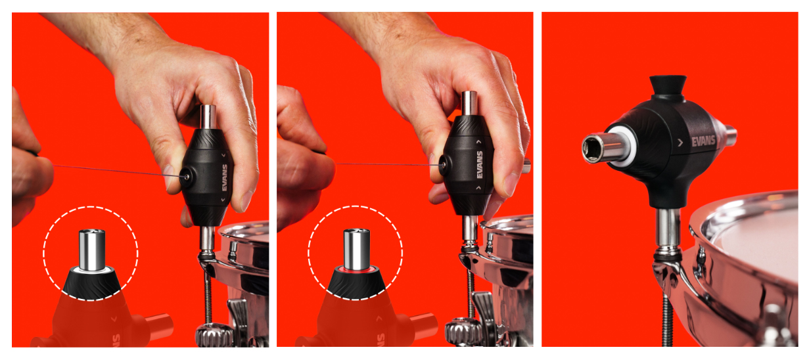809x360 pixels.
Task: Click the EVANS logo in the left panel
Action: pyautogui.click(x=225, y=177)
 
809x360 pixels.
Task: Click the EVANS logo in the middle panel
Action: pyautogui.click(x=480, y=165)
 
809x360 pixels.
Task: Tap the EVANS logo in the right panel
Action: pyautogui.click(x=703, y=141)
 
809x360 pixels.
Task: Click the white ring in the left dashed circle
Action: pyautogui.click(x=92, y=269)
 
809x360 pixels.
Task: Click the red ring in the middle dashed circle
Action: pyautogui.click(x=356, y=269)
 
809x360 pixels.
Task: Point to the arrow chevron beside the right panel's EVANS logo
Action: pyautogui.click(x=680, y=143)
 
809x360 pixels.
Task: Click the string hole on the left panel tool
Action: pyautogui.click(x=187, y=177)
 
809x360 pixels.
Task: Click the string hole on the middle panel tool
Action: pyautogui.click(x=444, y=165)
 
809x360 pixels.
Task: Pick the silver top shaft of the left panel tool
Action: pyautogui.click(x=208, y=117)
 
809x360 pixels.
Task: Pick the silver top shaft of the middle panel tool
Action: pyautogui.click(x=469, y=103)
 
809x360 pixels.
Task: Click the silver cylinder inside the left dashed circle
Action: pyautogui.click(x=92, y=250)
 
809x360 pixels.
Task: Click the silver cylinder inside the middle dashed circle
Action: pyautogui.click(x=356, y=249)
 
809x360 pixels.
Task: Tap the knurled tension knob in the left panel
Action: pyautogui.click(x=214, y=335)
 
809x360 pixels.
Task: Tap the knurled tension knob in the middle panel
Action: pyautogui.click(x=463, y=332)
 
